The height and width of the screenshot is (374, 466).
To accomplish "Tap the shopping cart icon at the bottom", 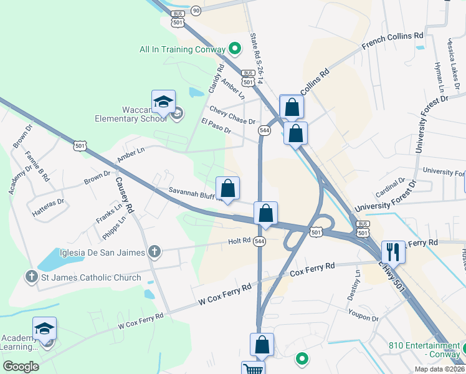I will pyautogui.click(x=254, y=369).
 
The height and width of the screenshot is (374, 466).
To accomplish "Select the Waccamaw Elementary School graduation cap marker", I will pyautogui.click(x=163, y=102).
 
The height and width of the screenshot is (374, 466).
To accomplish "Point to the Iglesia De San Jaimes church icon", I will pyautogui.click(x=155, y=252).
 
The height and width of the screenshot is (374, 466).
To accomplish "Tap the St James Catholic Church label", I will pyautogui.click(x=92, y=277).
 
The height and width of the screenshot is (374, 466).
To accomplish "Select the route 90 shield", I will pyautogui.click(x=196, y=11).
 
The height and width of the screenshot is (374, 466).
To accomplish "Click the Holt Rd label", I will pyautogui.click(x=239, y=241).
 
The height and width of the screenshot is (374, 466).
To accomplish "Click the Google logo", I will pyautogui.click(x=21, y=366).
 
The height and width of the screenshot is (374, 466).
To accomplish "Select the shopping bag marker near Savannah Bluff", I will pyautogui.click(x=228, y=188).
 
